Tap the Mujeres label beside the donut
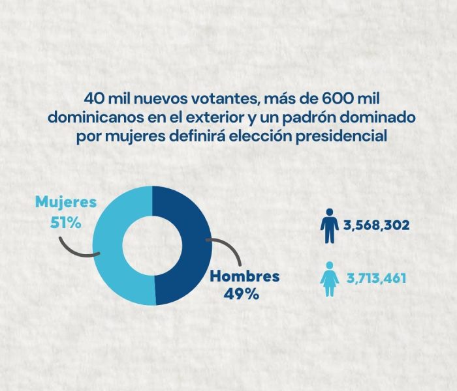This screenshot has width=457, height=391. [x=65, y=202]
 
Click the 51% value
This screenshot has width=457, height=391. [x=65, y=222]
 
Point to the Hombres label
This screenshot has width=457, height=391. [x=244, y=276]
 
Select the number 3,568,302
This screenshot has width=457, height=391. [x=376, y=225]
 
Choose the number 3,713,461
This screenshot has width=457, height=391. [x=376, y=279]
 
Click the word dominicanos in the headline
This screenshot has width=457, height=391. [x=91, y=118]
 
